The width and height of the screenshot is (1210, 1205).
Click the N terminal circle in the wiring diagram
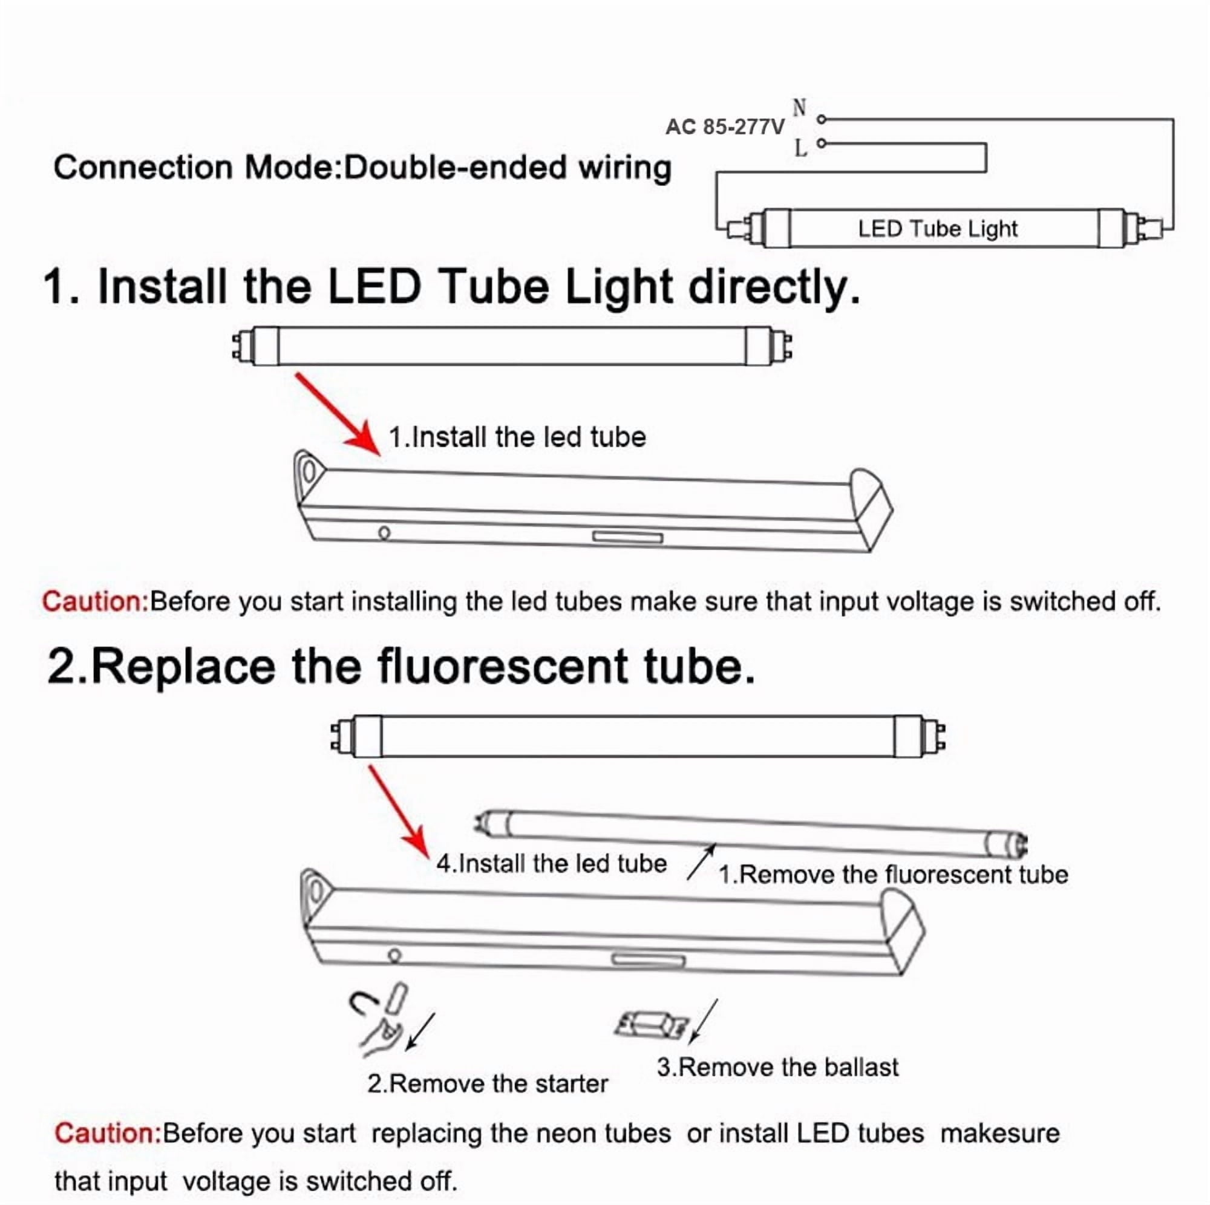[x=822, y=119]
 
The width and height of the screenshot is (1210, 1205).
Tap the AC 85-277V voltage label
[x=725, y=127]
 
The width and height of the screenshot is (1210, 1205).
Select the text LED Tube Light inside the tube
[x=938, y=229]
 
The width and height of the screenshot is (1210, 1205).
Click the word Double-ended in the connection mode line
[x=456, y=168]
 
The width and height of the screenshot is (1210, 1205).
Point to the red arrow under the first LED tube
[x=338, y=414]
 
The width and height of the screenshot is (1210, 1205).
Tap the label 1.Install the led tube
[x=517, y=437]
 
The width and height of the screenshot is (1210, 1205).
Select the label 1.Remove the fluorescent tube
[x=893, y=874]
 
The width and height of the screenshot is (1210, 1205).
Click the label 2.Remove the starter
[x=487, y=1083]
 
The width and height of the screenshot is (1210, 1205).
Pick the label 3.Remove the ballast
[x=777, y=1067]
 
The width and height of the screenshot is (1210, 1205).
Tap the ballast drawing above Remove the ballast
[x=652, y=1025]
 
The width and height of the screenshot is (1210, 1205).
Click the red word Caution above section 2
[x=95, y=601]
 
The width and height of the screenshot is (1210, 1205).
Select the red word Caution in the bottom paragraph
[x=108, y=1134]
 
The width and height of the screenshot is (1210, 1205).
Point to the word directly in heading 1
[x=774, y=288]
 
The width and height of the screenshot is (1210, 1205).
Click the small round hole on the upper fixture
[x=385, y=533]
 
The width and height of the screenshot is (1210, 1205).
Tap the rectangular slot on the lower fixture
[x=647, y=960]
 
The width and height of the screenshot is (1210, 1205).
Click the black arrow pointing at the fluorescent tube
[x=701, y=862]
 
